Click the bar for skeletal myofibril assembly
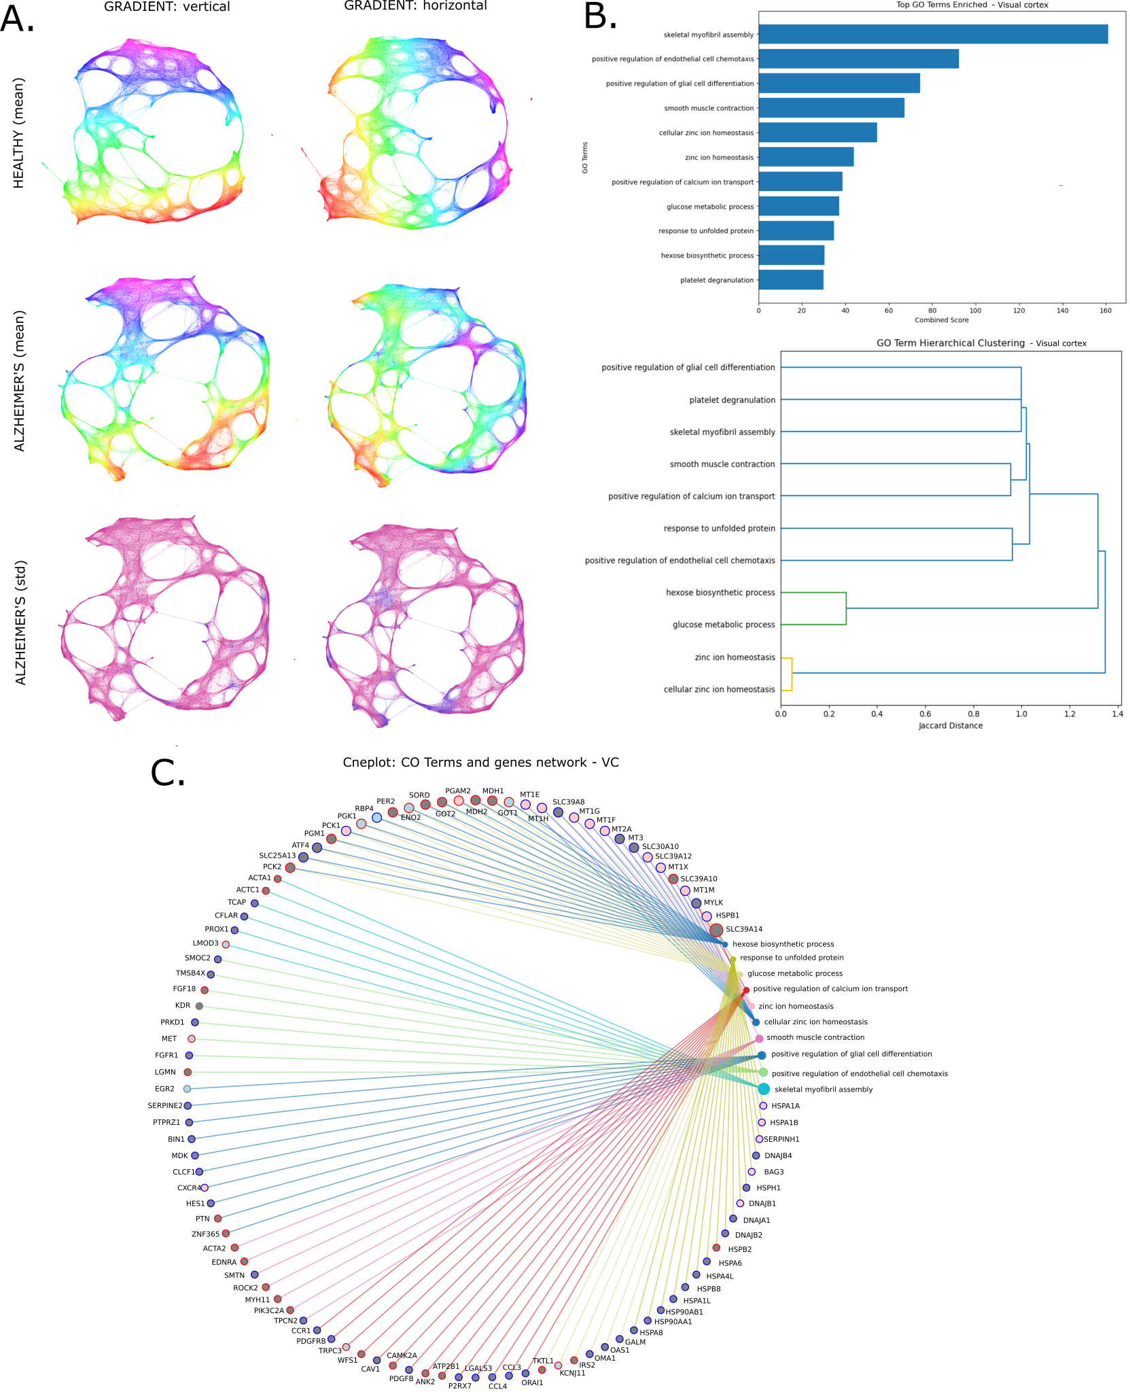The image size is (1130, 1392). (x=932, y=34)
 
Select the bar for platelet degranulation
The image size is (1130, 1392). (x=791, y=280)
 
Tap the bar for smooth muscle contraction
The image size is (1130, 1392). (x=831, y=108)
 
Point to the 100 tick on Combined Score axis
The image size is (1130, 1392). (x=976, y=311)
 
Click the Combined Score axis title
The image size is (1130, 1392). (x=941, y=320)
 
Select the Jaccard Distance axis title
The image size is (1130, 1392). (x=950, y=726)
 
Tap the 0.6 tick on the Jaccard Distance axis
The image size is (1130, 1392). (x=925, y=714)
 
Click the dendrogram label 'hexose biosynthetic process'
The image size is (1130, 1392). (x=720, y=593)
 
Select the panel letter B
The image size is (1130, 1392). (x=601, y=16)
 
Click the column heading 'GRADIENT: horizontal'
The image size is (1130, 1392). (x=415, y=6)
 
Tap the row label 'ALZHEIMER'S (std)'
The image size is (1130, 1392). (x=20, y=623)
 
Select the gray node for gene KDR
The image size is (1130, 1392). (x=199, y=1006)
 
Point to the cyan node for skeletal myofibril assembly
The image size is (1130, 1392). (x=764, y=1089)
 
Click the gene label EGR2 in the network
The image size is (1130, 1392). (x=164, y=1089)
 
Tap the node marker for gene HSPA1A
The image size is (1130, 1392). (x=763, y=1106)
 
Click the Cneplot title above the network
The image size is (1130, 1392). (x=480, y=763)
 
